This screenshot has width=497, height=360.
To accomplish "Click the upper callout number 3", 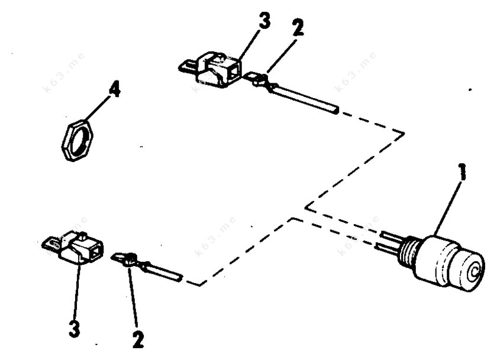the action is tap(264, 21).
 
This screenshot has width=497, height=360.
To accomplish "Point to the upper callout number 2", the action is tap(298, 27).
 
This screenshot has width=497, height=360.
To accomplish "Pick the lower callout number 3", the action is tap(75, 329).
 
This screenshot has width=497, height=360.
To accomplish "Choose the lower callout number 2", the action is tap(138, 340).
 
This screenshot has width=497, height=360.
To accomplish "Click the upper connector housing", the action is tap(220, 70).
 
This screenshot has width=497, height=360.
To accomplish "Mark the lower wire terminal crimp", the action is tap(131, 260).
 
